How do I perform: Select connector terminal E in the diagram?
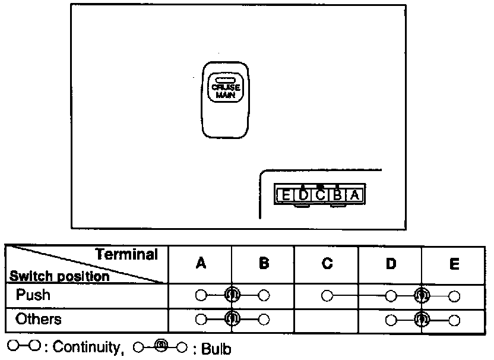[x=286, y=195]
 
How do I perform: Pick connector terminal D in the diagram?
[x=303, y=195]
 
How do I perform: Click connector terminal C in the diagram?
[x=320, y=195]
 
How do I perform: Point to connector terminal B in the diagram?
[x=337, y=195]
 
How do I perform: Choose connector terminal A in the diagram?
[x=354, y=195]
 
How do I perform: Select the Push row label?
[x=33, y=295]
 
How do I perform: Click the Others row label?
[x=39, y=320]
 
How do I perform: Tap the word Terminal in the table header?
[x=127, y=255]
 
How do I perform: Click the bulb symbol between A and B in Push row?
[x=232, y=295]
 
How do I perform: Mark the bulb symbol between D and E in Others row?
[x=422, y=320]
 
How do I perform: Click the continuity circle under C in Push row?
[x=326, y=295]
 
